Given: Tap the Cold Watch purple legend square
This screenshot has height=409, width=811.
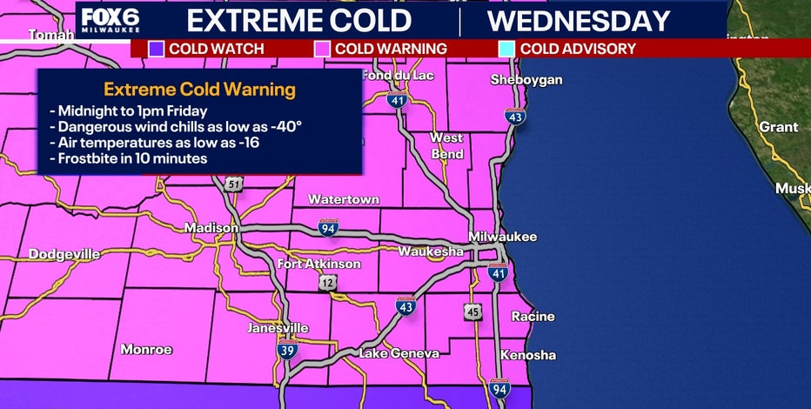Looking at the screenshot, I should point(156,49).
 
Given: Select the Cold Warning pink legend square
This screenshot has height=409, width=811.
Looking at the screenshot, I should point(322,49).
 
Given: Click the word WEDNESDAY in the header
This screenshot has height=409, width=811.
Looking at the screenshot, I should point(579,21).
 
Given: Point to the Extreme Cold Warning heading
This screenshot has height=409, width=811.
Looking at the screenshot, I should point(198,90).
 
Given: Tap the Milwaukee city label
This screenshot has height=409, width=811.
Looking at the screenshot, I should point(502,237).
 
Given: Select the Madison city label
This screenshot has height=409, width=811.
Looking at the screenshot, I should point(211,228).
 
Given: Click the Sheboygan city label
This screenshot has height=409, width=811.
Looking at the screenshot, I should point(526,80).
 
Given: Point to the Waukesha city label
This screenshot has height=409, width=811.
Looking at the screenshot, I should point(431,251).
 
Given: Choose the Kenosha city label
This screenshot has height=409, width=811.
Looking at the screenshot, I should point(528,355).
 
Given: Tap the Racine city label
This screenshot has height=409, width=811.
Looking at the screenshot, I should point(533,317).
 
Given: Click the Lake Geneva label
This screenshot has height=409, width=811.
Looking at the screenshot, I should point(399,352).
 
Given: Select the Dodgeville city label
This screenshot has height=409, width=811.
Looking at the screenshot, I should point(64,254).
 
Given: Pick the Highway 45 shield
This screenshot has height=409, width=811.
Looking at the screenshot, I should point(473,312).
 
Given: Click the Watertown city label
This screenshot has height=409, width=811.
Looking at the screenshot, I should point(343,199).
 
